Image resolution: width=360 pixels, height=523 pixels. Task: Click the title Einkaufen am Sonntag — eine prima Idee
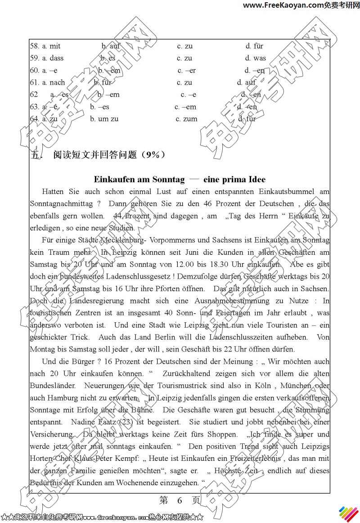[180, 179]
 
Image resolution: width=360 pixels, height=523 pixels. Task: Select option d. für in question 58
[254, 46]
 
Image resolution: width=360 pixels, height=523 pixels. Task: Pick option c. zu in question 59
[184, 58]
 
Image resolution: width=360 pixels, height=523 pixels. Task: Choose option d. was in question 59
[255, 58]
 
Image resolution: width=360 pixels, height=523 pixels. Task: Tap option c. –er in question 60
[186, 70]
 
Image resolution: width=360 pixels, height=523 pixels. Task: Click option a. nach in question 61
[54, 82]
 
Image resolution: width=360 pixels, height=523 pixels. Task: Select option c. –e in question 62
[189, 95]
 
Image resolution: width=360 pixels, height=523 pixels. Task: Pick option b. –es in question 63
[99, 107]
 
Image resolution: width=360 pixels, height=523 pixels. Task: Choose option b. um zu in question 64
[104, 119]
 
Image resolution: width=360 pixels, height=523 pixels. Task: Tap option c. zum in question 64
[186, 119]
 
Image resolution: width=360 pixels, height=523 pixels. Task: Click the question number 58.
[34, 46]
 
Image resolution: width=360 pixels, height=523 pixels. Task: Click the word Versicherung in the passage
[51, 434]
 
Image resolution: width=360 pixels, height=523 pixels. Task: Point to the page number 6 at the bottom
[179, 500]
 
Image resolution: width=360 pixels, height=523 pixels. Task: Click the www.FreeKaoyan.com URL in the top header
[283, 5]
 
